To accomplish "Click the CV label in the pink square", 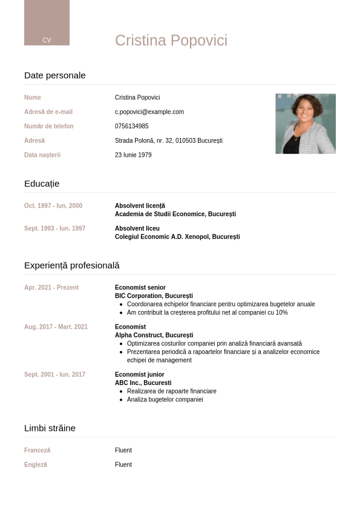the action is click(x=47, y=40).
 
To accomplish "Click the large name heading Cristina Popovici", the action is click(x=171, y=41).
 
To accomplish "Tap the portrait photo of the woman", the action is click(x=306, y=123).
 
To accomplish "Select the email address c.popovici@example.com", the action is click(x=149, y=112).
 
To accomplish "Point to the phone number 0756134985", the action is click(x=132, y=126).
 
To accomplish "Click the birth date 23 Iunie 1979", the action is click(x=133, y=155).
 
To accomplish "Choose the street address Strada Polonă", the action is click(x=169, y=140).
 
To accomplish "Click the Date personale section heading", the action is click(x=55, y=76).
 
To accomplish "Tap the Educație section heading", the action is click(x=42, y=184).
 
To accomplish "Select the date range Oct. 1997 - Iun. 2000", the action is click(x=53, y=206).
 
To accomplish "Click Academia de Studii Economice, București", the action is click(x=175, y=214).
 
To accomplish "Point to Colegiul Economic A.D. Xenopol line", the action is click(x=177, y=237).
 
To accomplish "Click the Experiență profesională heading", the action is click(x=72, y=266).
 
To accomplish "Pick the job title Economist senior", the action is click(x=140, y=287).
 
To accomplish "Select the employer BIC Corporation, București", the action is click(x=154, y=296).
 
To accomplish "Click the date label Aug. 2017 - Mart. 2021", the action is click(x=56, y=327).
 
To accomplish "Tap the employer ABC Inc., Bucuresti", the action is click(x=143, y=383).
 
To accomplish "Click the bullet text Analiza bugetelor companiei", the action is click(x=165, y=399).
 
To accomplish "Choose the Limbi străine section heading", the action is click(x=50, y=429).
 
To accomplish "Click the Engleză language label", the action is click(x=36, y=465).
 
